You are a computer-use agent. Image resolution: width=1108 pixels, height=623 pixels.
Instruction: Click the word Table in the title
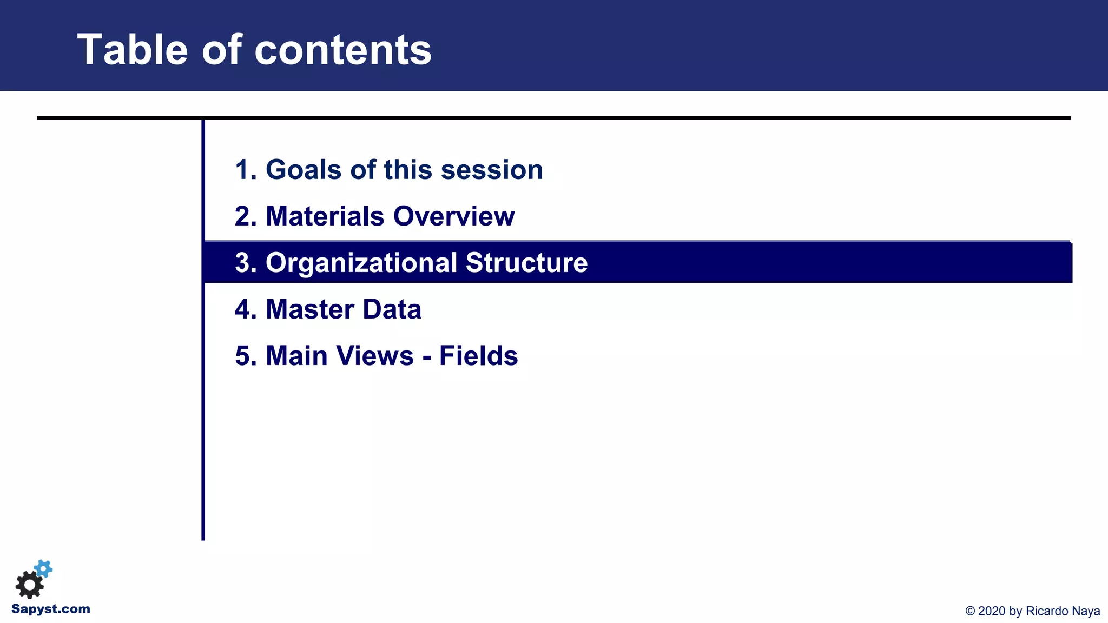point(132,50)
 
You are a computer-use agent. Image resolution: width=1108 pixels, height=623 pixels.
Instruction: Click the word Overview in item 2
point(454,216)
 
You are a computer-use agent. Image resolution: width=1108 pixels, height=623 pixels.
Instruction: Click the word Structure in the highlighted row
point(526,263)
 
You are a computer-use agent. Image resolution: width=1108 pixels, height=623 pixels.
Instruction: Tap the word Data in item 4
point(392,309)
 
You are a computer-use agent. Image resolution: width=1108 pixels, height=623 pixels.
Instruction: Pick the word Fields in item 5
point(478,356)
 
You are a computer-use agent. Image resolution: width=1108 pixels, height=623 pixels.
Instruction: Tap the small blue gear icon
point(44,568)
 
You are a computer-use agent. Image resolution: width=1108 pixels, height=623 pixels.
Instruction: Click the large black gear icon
point(29,585)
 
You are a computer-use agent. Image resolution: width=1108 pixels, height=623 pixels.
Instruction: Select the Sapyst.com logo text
point(51,609)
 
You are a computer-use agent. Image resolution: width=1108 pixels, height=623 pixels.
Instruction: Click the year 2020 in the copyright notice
point(992,611)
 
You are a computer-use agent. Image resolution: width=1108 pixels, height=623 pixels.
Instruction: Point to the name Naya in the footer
point(1086,611)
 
